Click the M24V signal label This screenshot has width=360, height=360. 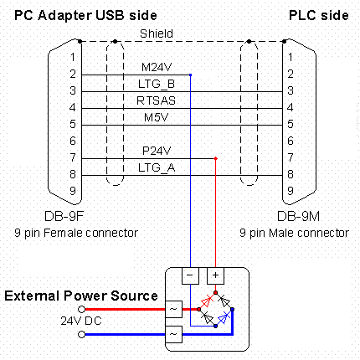[x=157, y=67]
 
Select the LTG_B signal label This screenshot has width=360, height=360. [x=157, y=84]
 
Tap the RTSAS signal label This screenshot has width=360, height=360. [x=156, y=100]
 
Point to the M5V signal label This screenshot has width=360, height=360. [x=157, y=117]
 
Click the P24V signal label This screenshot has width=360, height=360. [x=157, y=151]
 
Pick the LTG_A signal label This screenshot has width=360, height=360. [x=157, y=167]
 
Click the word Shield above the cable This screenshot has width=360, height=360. [x=157, y=33]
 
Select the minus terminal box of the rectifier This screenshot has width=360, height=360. [x=190, y=275]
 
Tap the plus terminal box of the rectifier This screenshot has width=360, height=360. [x=215, y=275]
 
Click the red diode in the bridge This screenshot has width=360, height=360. [x=207, y=301]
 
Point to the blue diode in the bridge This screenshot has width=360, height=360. [x=224, y=317]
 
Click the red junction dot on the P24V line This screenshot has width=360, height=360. [x=215, y=158]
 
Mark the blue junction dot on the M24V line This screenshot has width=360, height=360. [x=190, y=75]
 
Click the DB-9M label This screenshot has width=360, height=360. [x=298, y=216]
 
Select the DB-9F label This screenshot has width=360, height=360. [x=64, y=216]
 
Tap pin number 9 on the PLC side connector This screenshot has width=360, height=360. [x=291, y=191]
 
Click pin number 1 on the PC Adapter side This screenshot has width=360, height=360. [x=73, y=57]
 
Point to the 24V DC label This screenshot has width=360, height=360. [x=81, y=321]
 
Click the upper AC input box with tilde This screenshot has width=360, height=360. [x=173, y=309]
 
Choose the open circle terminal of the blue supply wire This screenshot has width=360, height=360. [x=81, y=334]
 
